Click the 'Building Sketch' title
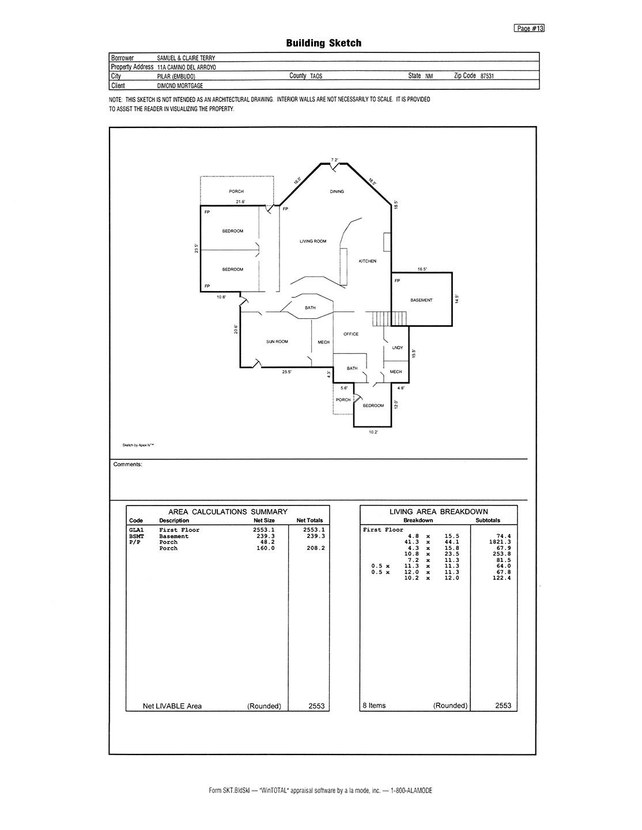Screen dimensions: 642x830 point(323,43)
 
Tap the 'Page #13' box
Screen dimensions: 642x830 point(529,28)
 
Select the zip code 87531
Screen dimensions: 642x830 point(487,76)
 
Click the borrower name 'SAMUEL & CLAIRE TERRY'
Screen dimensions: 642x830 point(186,58)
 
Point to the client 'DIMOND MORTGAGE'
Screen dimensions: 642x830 point(180,86)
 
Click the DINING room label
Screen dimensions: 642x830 point(337,191)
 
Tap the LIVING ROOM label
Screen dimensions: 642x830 point(313,241)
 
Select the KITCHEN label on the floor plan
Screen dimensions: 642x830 point(368,261)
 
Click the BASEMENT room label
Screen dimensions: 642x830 point(421,300)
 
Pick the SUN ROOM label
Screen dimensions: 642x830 point(277,341)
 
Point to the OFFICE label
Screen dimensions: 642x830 point(350,334)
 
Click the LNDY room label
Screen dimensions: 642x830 point(397,348)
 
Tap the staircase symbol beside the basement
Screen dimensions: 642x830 point(389,319)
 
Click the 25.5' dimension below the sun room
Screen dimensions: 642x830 point(286,372)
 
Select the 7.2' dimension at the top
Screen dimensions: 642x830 point(334,160)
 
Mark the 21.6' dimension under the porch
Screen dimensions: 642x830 point(240,202)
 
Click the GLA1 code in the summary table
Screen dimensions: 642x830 point(137,530)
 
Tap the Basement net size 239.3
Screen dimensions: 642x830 point(264,536)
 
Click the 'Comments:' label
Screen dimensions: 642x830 point(127,465)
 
